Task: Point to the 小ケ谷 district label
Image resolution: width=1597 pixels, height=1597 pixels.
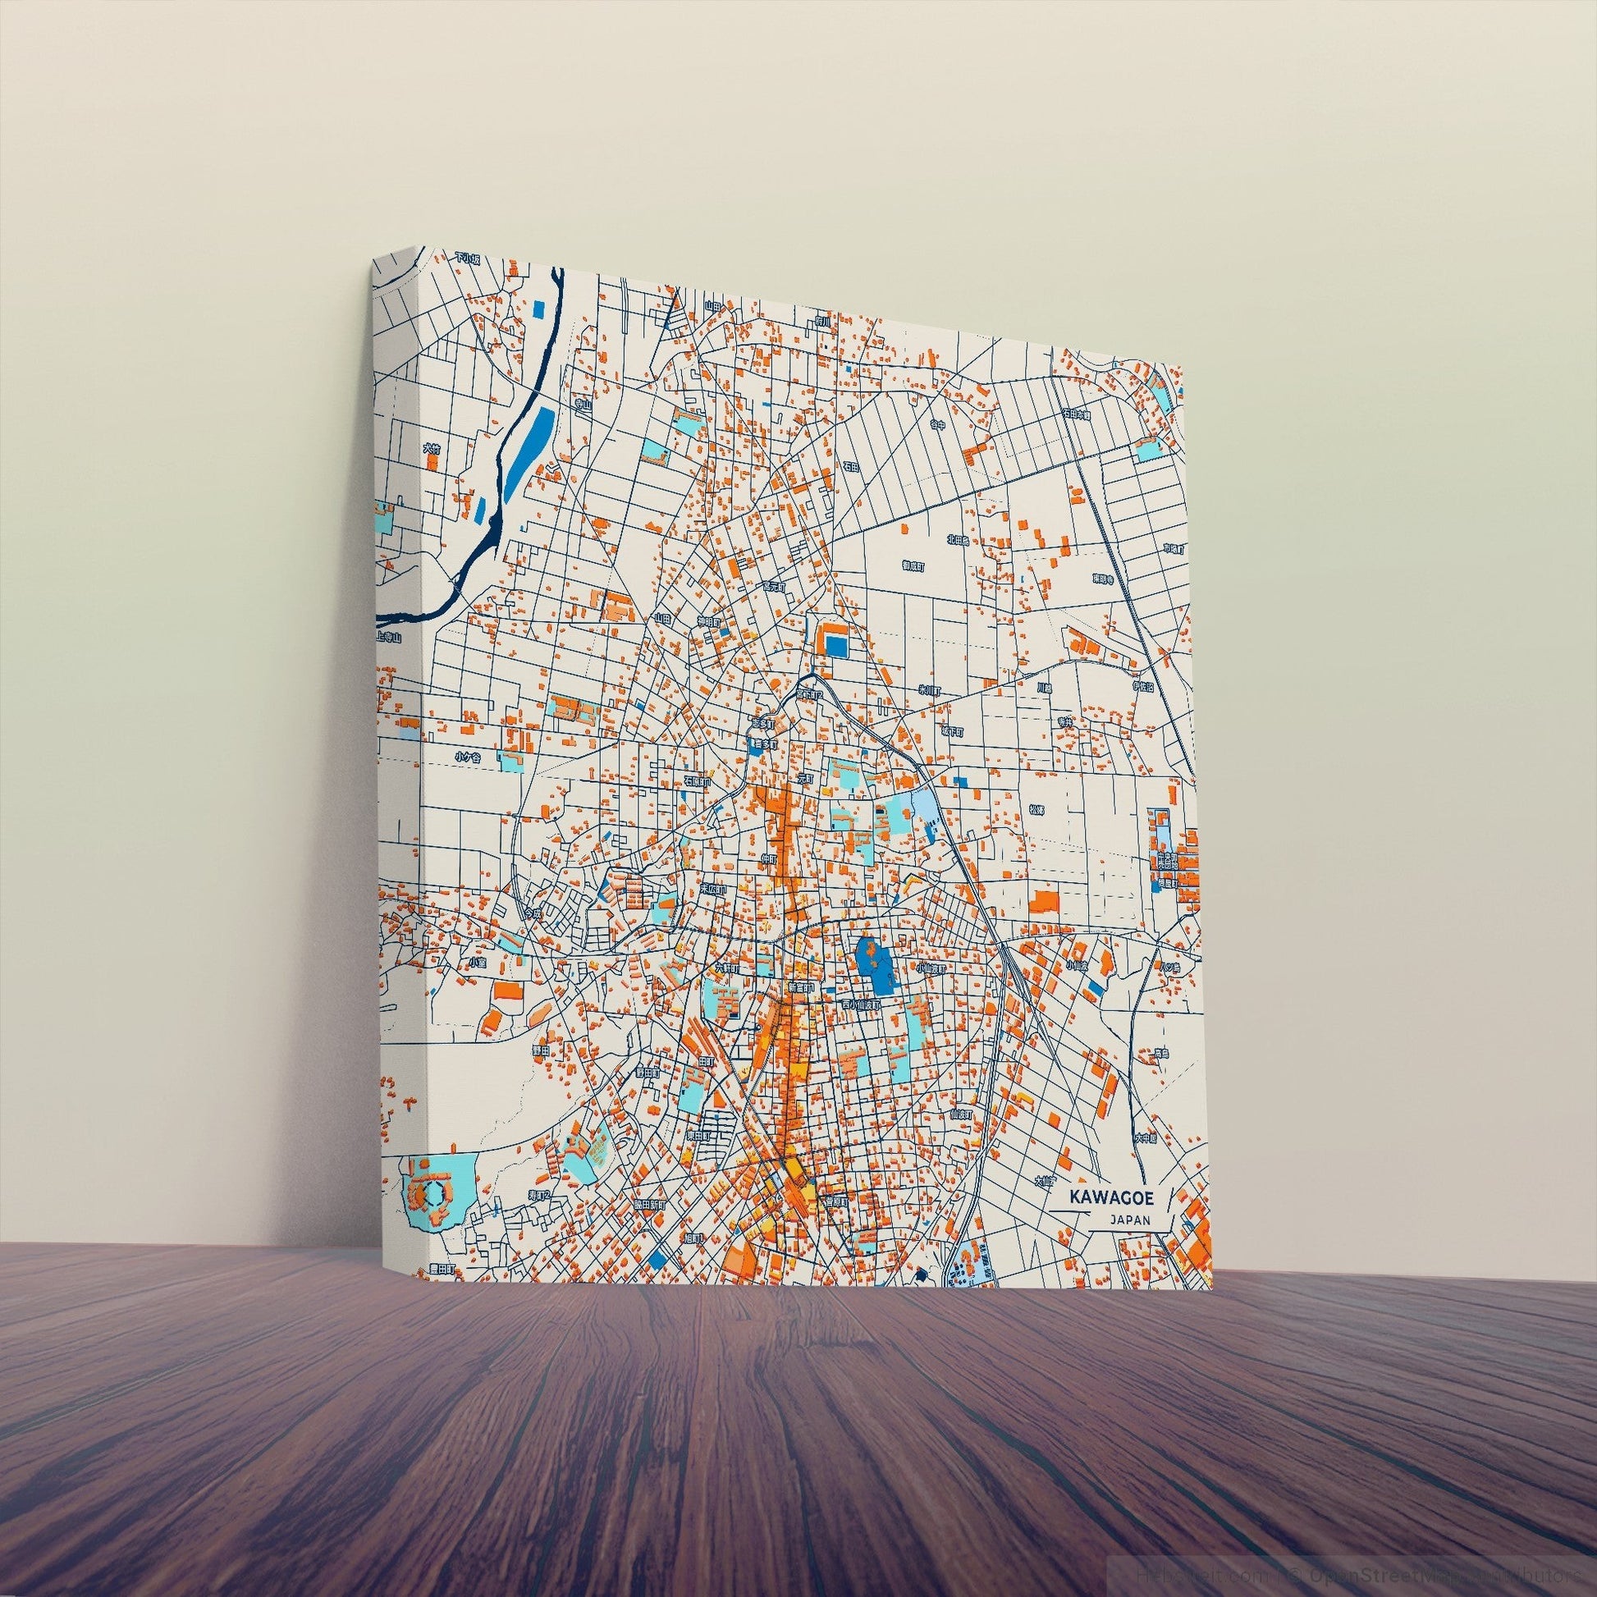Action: pos(467,756)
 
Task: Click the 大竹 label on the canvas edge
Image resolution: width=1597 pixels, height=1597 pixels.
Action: pos(431,449)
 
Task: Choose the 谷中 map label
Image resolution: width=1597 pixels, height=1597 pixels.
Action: pos(936,425)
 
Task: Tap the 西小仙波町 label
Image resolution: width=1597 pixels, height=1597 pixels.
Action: pos(862,1004)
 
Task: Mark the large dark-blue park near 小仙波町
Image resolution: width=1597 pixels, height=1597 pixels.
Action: pos(874,966)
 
